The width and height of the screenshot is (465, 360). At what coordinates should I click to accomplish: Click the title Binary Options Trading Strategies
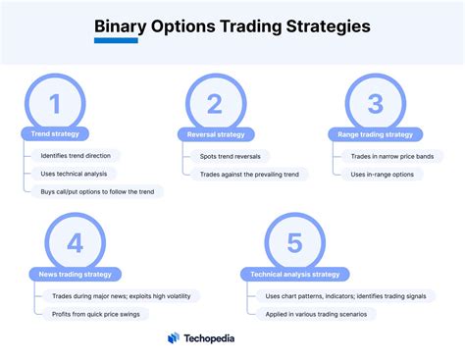[232, 26]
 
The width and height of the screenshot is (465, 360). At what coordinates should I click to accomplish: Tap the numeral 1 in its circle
[55, 104]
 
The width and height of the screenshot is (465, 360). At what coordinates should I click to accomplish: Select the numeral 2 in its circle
[215, 104]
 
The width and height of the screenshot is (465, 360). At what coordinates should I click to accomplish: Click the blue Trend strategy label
[56, 133]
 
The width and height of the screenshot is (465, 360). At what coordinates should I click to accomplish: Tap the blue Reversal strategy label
[215, 133]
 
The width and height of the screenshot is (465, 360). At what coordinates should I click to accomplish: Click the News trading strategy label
[76, 274]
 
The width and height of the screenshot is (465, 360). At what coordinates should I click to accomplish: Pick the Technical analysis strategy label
[295, 274]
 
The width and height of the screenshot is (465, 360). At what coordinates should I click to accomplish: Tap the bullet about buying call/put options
[95, 191]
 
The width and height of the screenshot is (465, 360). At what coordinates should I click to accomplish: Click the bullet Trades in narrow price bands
[397, 156]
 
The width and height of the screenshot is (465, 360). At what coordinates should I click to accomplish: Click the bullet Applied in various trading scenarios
[325, 314]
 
